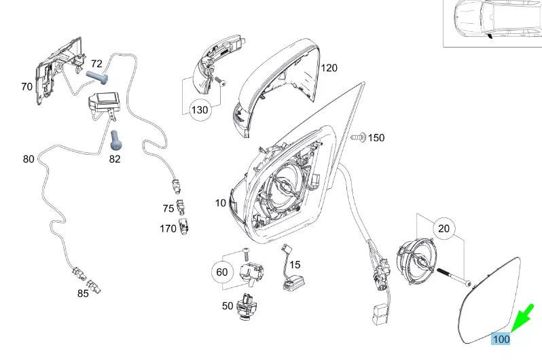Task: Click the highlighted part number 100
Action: coord(501,338)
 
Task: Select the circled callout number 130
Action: coord(200,109)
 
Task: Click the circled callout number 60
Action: coord(221,272)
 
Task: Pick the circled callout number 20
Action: coord(444,230)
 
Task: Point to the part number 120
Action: coord(329,68)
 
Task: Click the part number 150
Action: coord(376,138)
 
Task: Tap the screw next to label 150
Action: coord(358,137)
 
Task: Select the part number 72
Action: coord(96,63)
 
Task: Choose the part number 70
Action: coord(26,86)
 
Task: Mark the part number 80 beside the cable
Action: coord(28,160)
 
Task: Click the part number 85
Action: coord(83,293)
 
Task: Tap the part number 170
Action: coord(168,228)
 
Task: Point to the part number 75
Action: coord(168,209)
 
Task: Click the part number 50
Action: coord(228,306)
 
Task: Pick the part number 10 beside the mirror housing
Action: coord(221,203)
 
